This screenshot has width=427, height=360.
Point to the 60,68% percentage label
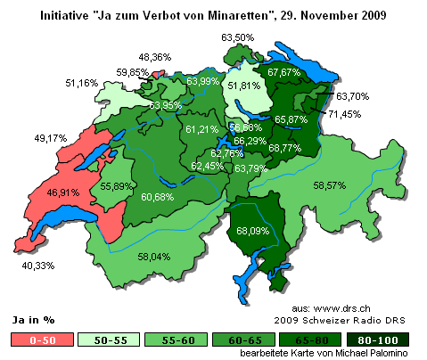pyautogui.click(x=157, y=196)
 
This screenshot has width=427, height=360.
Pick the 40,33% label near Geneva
pyautogui.click(x=40, y=265)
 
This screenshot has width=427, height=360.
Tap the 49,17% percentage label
pyautogui.click(x=26, y=138)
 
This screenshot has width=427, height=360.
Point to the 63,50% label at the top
pyautogui.click(x=237, y=37)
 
